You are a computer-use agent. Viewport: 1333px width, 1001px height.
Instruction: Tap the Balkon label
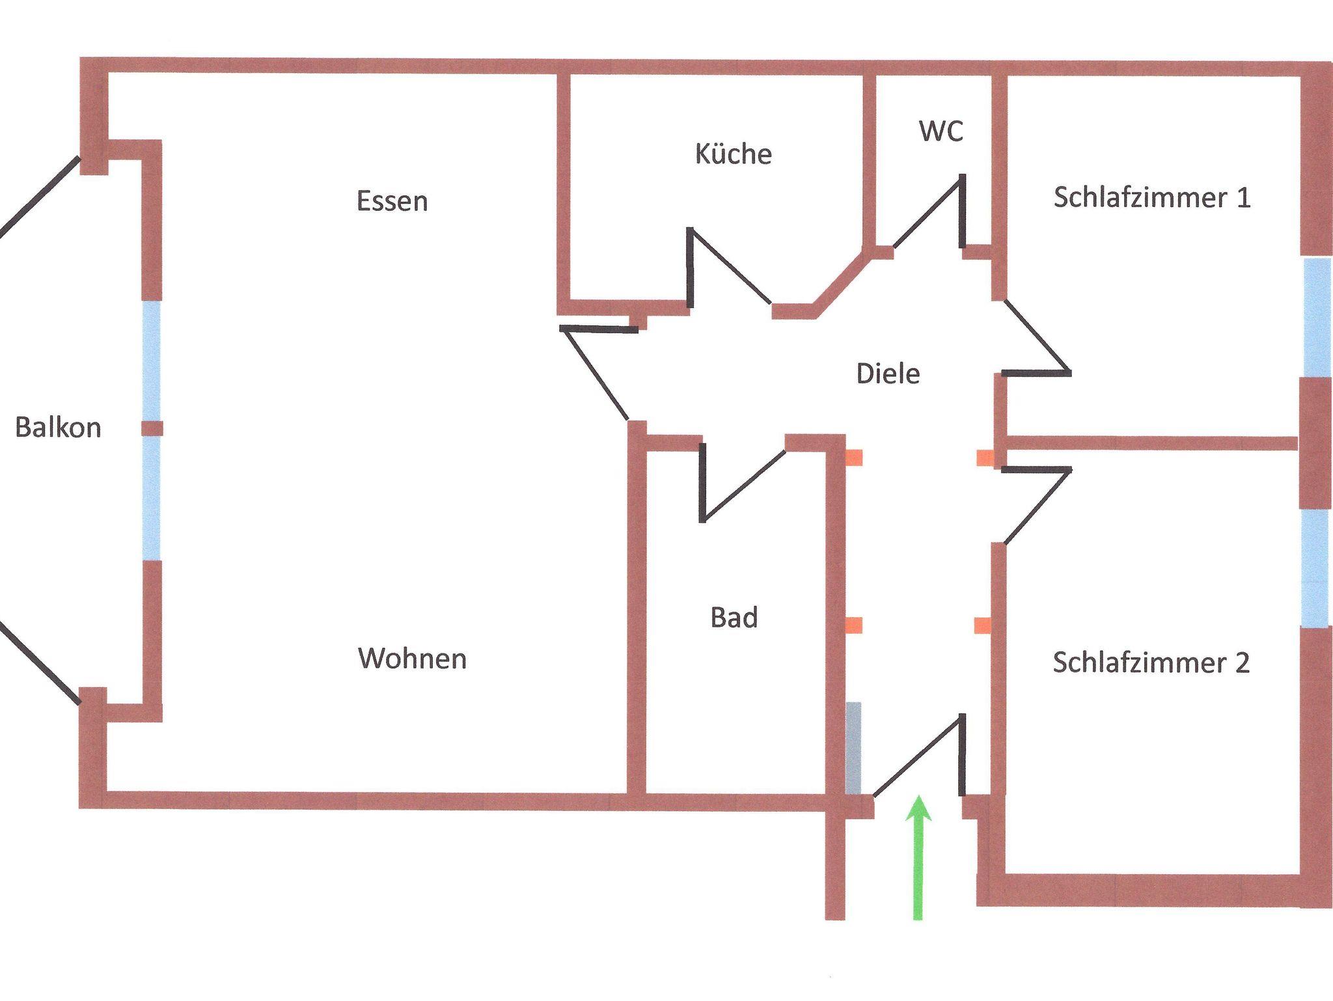(58, 428)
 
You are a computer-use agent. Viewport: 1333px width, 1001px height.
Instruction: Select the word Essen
(392, 200)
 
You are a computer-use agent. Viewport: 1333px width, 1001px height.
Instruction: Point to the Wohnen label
(412, 659)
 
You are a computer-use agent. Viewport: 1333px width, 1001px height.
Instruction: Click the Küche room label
(733, 154)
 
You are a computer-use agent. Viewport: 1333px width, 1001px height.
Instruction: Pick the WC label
(941, 131)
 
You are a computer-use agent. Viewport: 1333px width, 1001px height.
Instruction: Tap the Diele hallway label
(888, 374)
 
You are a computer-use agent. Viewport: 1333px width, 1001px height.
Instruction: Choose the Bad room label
(734, 617)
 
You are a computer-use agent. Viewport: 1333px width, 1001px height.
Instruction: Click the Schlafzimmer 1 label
(1151, 197)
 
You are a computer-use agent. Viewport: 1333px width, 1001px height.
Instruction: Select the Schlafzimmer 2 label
(1151, 663)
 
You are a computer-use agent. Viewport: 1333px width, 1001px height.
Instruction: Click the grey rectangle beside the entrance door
(853, 748)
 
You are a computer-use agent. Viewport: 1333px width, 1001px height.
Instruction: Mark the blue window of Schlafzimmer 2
(1315, 568)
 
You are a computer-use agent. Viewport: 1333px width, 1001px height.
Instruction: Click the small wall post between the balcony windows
(152, 428)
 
